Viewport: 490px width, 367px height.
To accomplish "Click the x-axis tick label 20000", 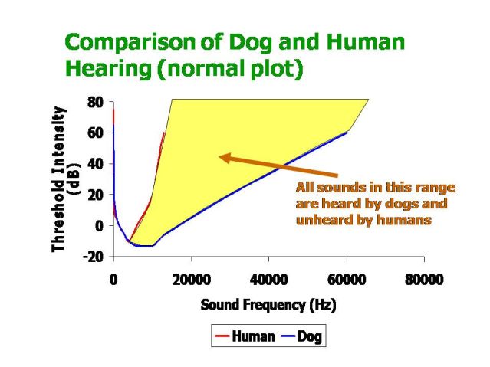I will coord(190,280).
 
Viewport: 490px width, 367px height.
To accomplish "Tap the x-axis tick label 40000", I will coord(268,280).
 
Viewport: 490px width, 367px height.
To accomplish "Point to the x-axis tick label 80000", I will coord(424,280).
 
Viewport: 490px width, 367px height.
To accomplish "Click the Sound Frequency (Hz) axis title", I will coord(268,305).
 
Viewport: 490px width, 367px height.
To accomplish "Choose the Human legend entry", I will coord(248,336).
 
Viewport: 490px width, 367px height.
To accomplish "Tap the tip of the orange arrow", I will coord(219,157).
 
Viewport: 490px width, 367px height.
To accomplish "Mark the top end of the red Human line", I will coord(164,133).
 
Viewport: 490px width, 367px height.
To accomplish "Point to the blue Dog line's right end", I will coord(347,133).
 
